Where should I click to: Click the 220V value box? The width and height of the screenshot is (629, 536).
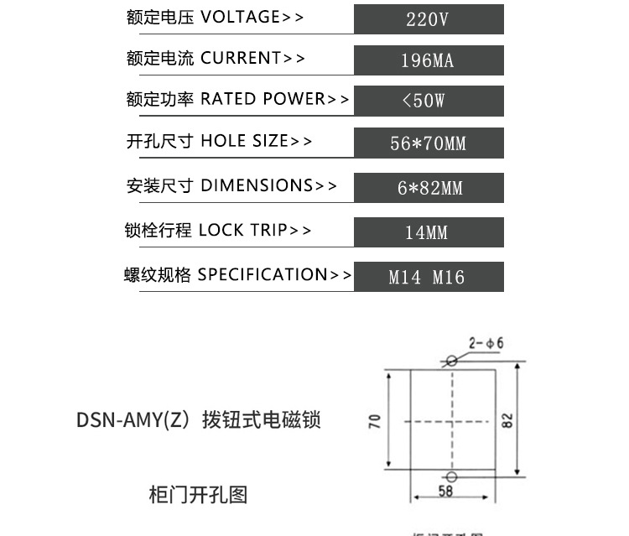point(429,18)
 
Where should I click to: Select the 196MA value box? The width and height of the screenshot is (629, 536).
point(429,60)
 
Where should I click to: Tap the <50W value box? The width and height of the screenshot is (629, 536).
point(429,101)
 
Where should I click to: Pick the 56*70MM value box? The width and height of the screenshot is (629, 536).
point(429,143)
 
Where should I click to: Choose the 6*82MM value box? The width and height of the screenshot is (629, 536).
point(429,188)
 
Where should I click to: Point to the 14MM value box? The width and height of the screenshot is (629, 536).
point(429,232)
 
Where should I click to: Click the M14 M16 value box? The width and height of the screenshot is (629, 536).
point(429,277)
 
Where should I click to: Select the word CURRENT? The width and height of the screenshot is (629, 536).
point(240,58)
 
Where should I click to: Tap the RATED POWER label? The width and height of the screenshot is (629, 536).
point(263,99)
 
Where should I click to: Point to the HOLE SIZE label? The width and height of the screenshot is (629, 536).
point(244,141)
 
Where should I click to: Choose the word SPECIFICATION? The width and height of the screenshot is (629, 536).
point(263,274)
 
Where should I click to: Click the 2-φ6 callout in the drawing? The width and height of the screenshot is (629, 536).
point(486,343)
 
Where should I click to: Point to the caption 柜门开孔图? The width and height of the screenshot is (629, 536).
point(198,495)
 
